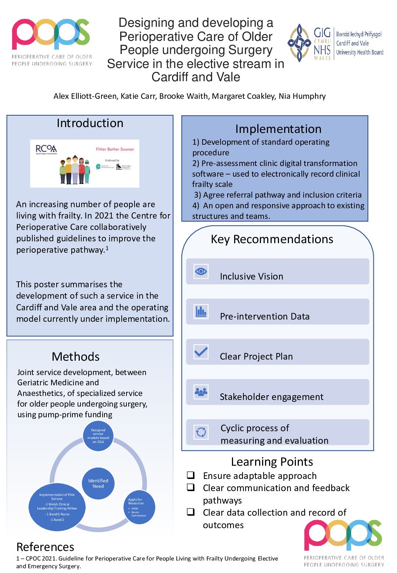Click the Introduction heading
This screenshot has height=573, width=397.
click(x=90, y=123)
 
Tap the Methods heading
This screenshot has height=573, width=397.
click(x=76, y=357)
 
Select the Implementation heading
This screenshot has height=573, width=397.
click(x=278, y=129)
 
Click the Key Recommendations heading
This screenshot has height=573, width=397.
click(x=272, y=239)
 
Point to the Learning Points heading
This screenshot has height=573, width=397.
click(x=272, y=462)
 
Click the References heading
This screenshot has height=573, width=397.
click(x=45, y=547)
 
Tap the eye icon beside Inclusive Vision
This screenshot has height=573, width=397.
click(x=201, y=271)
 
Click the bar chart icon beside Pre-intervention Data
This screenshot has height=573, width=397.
click(x=201, y=312)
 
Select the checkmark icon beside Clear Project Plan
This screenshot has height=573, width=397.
click(x=201, y=352)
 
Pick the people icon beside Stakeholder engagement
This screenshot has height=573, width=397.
click(x=201, y=392)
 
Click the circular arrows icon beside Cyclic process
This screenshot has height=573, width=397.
click(x=201, y=432)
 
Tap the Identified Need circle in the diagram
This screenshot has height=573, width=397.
click(x=98, y=483)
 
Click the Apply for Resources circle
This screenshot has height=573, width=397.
click(x=139, y=507)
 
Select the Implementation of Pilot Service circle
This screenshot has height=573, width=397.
click(x=57, y=507)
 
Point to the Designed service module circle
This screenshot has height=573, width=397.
click(x=98, y=436)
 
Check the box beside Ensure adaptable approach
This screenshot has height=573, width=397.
click(x=190, y=475)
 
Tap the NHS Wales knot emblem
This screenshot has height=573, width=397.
click(x=299, y=43)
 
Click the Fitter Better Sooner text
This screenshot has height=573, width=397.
click(x=115, y=149)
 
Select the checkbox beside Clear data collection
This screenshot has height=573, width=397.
click(x=190, y=512)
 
